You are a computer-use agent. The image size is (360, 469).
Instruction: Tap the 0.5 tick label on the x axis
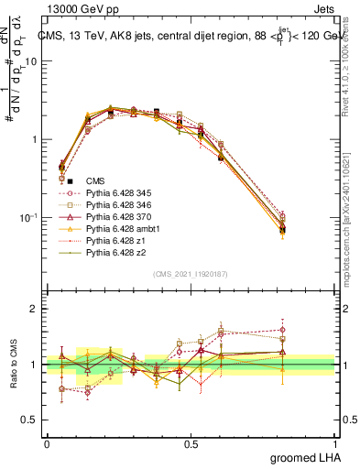click(x=191, y=443)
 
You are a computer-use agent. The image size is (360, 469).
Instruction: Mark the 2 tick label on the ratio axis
click(x=35, y=309)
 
